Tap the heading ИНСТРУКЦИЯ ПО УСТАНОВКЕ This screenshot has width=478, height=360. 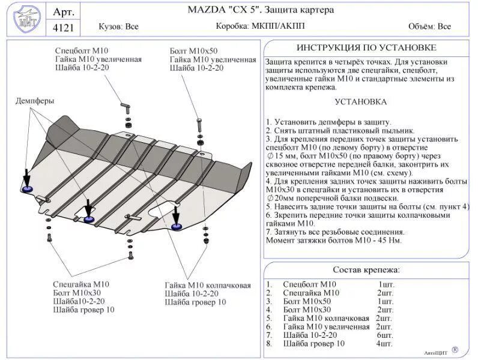click(366, 48)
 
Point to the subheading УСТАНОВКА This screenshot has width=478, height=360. click(360, 102)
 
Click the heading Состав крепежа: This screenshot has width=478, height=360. click(366, 270)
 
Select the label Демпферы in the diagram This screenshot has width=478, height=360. click(35, 101)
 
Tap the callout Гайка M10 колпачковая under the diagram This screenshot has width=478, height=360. click(208, 285)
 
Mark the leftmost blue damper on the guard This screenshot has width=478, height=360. click(28, 190)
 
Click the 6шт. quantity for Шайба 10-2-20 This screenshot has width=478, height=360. click(384, 335)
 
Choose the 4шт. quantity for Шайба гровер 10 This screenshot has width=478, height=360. click(384, 344)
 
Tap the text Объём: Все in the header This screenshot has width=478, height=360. click(429, 26)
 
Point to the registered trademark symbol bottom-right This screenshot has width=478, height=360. click(455, 349)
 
